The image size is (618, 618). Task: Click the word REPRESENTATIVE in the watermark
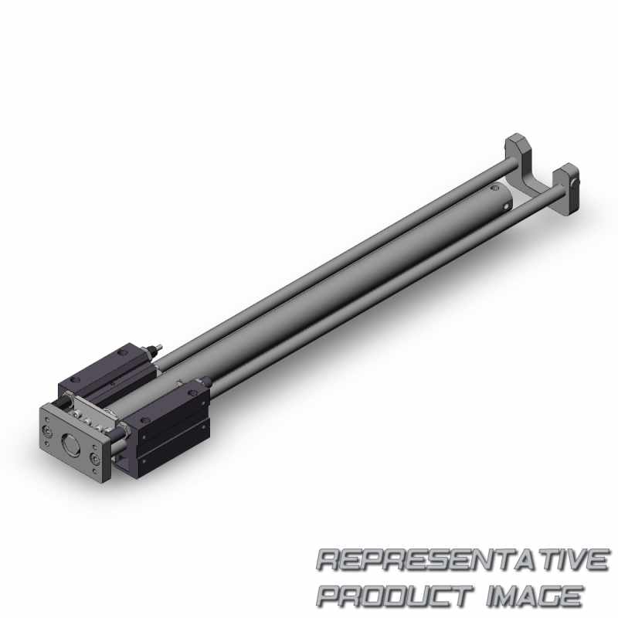463,559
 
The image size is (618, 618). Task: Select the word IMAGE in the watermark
535,595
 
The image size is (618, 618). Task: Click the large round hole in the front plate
71,444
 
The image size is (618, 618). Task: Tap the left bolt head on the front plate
48,433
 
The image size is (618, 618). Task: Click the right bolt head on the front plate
94,459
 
